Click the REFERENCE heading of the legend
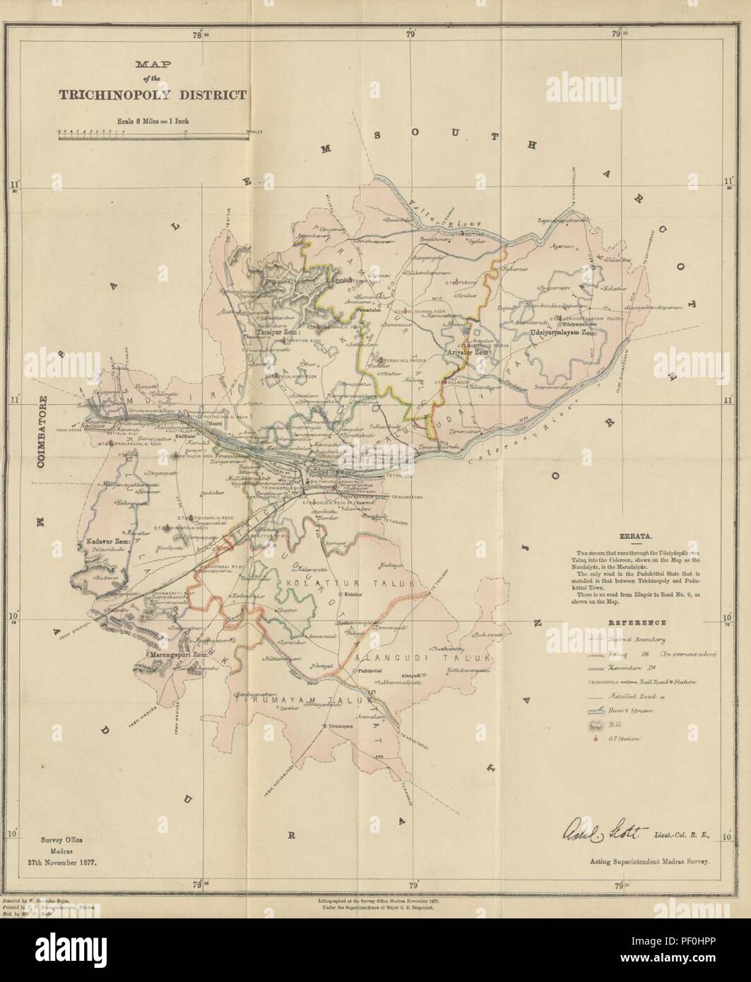coord(638,624)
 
